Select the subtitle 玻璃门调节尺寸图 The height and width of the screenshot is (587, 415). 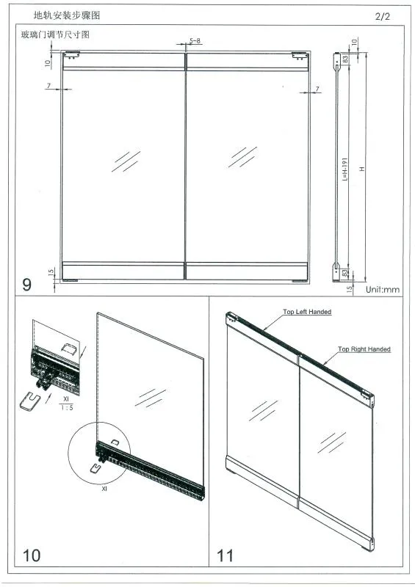coord(56,34)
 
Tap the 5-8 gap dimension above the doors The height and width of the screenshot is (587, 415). coord(195,40)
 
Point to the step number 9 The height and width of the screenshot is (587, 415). coord(27,284)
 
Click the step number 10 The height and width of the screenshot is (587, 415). coord(32,555)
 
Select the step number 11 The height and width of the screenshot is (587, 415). coord(225,555)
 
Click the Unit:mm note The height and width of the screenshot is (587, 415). coord(383,289)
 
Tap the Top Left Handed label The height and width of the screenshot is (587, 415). coord(307,312)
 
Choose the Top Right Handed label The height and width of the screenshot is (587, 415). coord(364,349)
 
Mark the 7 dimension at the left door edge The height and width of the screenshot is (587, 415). coord(48,87)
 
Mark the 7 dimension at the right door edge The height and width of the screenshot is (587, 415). coord(317,89)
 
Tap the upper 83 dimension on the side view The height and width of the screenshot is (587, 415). coord(344,58)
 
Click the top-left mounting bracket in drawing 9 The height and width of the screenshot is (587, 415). coord(71,55)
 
